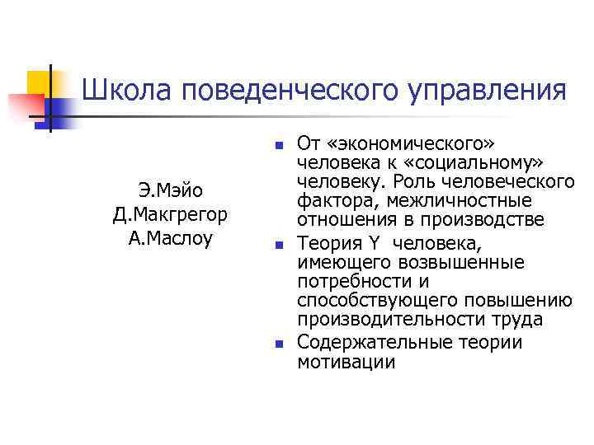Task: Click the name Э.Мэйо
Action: [x=171, y=192]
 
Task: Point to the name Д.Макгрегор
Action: [x=171, y=216]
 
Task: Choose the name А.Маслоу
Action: [x=171, y=239]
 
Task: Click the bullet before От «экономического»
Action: [x=279, y=144]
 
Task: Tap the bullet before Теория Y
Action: [x=279, y=245]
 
